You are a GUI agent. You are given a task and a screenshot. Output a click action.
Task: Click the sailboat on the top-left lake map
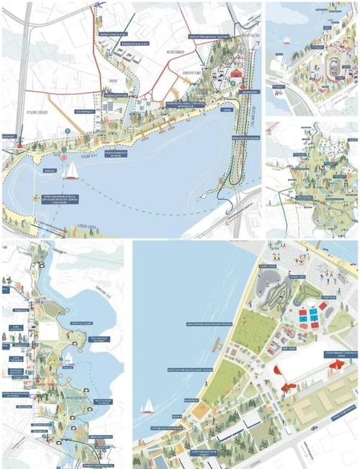coord(73,170)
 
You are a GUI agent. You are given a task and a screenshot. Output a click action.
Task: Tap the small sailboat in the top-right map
coord(286,41)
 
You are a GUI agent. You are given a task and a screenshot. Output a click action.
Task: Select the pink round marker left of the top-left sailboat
coord(63,156)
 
